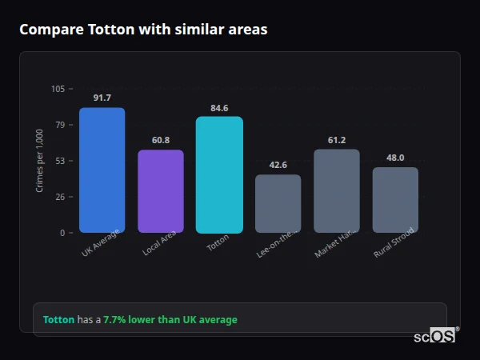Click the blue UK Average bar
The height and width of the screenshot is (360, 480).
click(102, 170)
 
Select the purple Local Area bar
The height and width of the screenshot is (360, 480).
click(161, 191)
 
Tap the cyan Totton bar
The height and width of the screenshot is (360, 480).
click(219, 174)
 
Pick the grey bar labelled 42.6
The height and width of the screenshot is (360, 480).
click(278, 204)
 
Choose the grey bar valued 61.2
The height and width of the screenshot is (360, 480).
click(337, 191)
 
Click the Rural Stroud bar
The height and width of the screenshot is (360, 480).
click(395, 200)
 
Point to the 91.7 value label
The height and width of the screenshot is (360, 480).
click(102, 98)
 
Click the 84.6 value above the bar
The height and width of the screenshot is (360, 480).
click(219, 107)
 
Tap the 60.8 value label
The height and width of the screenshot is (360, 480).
click(161, 140)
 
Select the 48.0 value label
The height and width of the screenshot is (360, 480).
click(395, 158)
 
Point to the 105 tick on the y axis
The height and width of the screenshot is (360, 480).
click(58, 89)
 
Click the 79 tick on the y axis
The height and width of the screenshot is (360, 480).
click(60, 125)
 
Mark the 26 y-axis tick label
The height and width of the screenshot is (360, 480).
click(60, 197)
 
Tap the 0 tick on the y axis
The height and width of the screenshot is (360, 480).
click(62, 233)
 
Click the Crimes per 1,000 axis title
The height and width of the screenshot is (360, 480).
click(40, 161)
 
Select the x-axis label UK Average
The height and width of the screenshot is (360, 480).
click(101, 243)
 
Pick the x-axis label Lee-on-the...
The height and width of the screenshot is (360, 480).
click(277, 243)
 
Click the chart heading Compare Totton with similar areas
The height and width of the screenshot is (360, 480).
click(143, 30)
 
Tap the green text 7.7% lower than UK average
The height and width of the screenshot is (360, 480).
click(170, 320)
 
